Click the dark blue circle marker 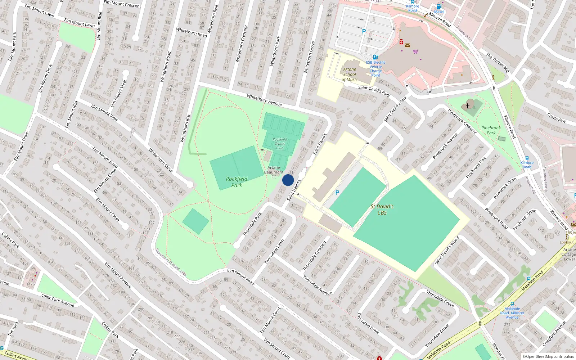[288, 180]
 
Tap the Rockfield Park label [237, 182]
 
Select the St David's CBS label [382, 210]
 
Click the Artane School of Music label [350, 75]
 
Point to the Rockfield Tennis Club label [280, 143]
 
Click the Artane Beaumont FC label [274, 172]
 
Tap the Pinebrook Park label [491, 130]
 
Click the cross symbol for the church [468, 105]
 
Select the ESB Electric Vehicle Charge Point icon [375, 57]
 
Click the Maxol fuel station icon [439, 6]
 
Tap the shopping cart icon [415, 51]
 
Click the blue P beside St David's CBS [337, 193]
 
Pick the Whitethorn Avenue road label [264, 100]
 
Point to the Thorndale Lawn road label [274, 252]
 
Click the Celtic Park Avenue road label [58, 300]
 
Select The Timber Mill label [498, 63]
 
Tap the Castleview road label [556, 117]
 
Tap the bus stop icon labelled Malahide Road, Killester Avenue [512, 304]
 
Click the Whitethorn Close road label [161, 160]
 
